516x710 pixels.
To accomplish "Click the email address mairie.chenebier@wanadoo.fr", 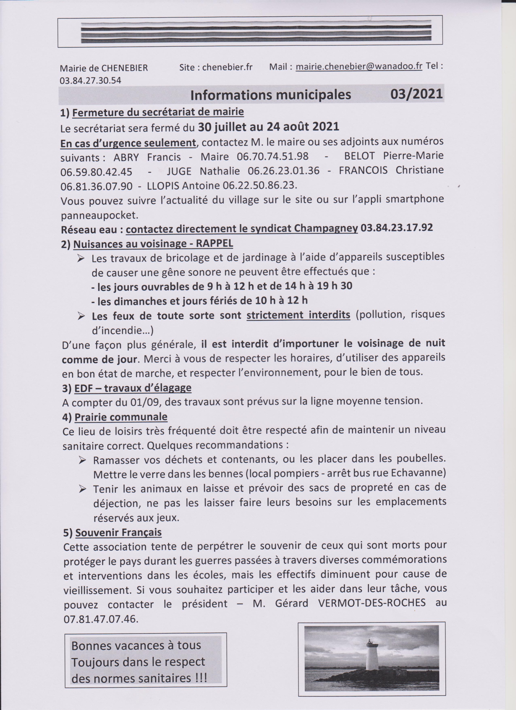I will [359, 67].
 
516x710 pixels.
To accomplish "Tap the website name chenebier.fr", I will [228, 67].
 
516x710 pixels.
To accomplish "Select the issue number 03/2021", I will [416, 94].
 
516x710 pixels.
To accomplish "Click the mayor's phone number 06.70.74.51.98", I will [273, 156].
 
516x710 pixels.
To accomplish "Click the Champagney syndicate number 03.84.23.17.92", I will [397, 228].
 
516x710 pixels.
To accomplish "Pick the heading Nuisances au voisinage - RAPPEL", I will [153, 244].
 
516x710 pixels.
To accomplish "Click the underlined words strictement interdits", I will [298, 315].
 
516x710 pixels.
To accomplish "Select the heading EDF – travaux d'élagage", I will [133, 388].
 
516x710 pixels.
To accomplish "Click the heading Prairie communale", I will [121, 417].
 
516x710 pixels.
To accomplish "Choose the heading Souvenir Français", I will [119, 532].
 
